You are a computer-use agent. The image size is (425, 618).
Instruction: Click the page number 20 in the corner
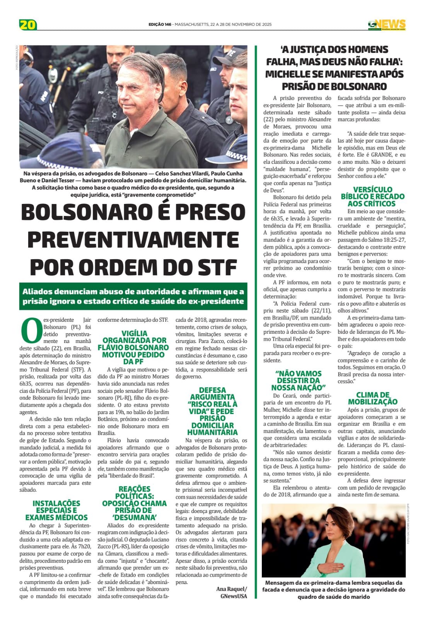(28, 24)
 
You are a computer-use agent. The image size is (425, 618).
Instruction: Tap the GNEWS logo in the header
(386, 24)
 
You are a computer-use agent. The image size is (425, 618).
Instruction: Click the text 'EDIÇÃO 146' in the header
(160, 24)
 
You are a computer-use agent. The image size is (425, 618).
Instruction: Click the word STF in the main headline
(217, 267)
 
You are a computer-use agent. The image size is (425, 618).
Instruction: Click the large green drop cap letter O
(31, 330)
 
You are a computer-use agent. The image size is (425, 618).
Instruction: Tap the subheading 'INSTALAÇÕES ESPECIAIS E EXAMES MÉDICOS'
(56, 510)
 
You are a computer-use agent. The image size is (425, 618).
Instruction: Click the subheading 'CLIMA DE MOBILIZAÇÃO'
(372, 398)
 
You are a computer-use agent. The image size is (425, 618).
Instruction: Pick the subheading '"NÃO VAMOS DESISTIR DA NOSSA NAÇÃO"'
(298, 380)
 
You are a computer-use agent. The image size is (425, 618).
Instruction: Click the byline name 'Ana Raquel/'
(231, 589)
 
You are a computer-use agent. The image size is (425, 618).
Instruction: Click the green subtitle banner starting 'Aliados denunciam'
(133, 296)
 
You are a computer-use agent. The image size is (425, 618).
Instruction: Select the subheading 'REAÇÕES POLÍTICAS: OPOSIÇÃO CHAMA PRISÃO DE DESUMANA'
(134, 503)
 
